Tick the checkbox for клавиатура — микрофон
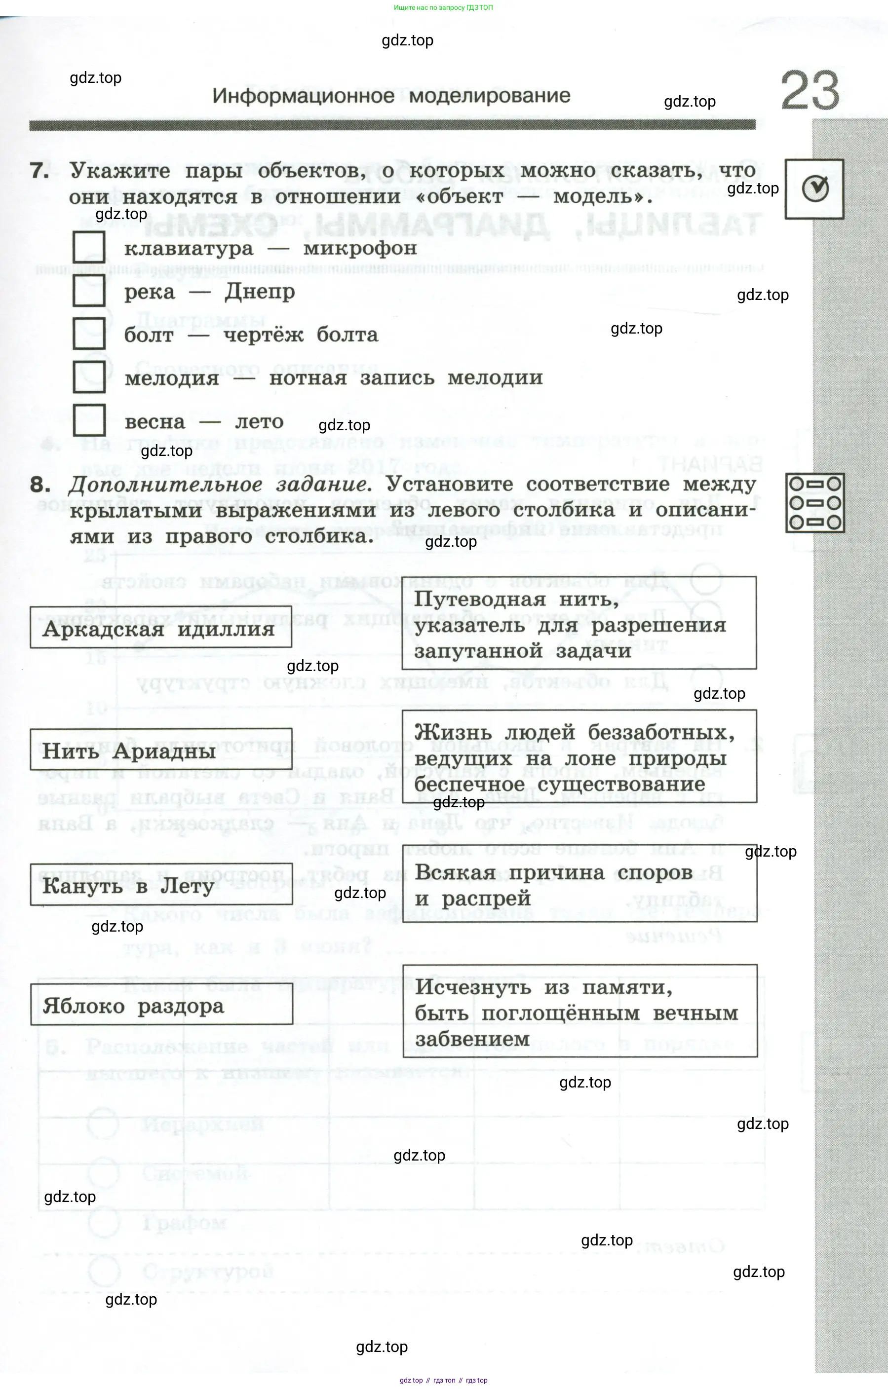(x=89, y=247)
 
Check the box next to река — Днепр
(x=89, y=290)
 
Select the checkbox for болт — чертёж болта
(x=89, y=334)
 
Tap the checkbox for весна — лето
(x=89, y=420)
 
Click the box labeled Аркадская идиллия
(x=161, y=628)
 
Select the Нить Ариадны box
(x=161, y=750)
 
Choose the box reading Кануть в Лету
(x=161, y=885)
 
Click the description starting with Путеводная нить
(x=579, y=624)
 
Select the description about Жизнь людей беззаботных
(x=579, y=757)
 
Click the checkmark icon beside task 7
(x=814, y=189)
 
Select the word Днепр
(x=260, y=291)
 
